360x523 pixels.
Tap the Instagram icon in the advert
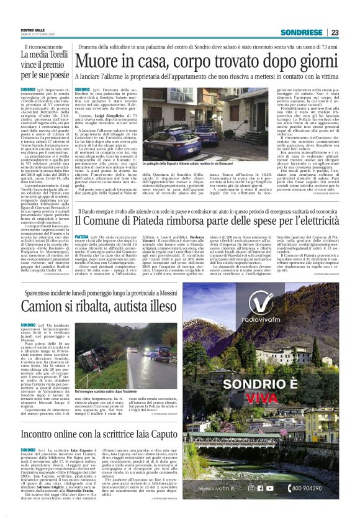point(251,488)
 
